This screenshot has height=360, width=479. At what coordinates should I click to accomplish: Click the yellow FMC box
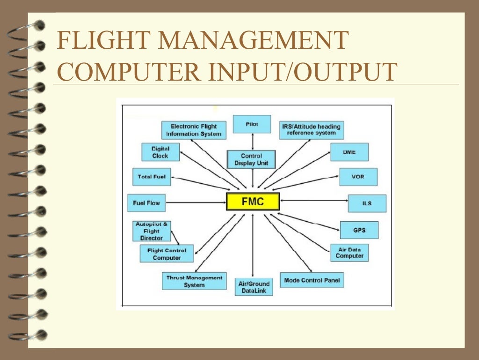(253, 202)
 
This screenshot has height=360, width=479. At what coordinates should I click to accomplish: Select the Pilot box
(252, 124)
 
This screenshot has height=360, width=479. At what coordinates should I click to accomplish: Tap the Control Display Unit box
(251, 159)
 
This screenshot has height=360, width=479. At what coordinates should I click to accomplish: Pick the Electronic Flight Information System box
(194, 130)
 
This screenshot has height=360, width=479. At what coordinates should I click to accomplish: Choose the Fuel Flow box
(146, 203)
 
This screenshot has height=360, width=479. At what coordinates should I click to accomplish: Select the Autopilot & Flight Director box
(152, 231)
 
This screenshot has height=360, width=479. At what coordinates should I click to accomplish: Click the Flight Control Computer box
(167, 254)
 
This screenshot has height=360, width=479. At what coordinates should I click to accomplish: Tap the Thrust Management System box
(194, 281)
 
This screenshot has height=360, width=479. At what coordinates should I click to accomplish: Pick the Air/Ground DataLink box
(254, 287)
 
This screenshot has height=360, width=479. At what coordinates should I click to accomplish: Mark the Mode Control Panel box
(312, 281)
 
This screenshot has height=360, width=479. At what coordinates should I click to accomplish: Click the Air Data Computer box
(349, 253)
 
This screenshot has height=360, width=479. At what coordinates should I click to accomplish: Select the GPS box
(359, 230)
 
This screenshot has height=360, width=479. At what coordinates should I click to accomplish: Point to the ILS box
(367, 203)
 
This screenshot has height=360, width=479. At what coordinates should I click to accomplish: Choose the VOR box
(358, 177)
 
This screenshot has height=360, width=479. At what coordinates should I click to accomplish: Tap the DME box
(349, 152)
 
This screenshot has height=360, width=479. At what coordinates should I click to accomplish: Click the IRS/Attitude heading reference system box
(312, 130)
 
